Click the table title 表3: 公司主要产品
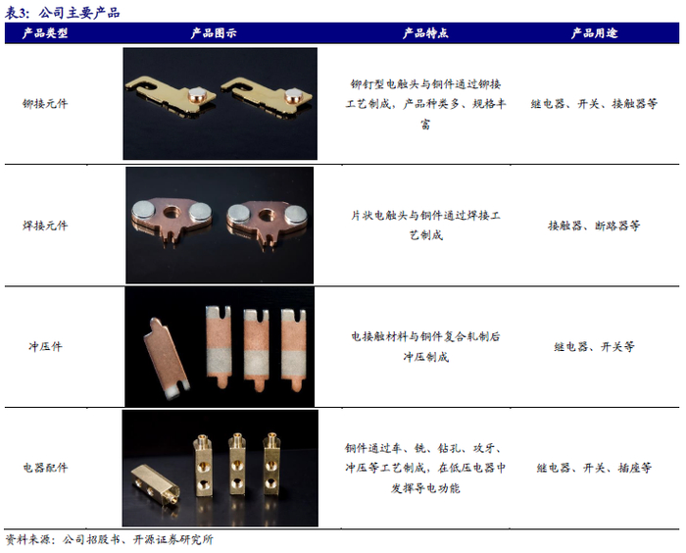coord(62,13)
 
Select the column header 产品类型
coord(45,32)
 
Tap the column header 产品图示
coord(214,32)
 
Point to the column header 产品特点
coord(425,32)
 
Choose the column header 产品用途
coord(594,32)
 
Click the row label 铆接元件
coord(45,104)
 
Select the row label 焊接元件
coord(45,226)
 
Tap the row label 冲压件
coord(45,346)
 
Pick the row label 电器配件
coord(45,468)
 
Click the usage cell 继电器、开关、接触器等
coord(594,104)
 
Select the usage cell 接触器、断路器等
coord(594,226)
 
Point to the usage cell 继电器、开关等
coord(594,347)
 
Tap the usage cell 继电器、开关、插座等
coord(594,468)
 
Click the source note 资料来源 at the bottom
coord(109,539)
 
